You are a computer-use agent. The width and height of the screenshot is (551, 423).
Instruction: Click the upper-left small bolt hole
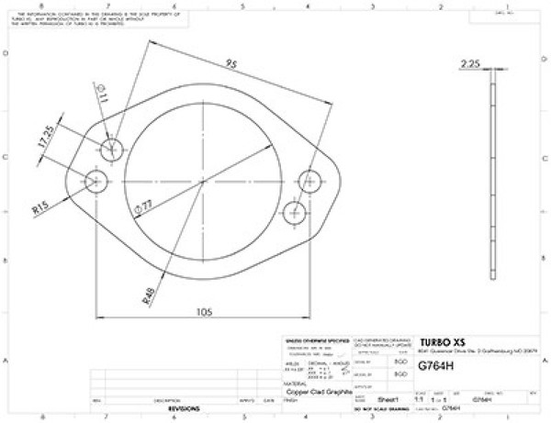[x=113, y=150]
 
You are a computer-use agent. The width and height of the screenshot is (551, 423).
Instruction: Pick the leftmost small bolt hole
[x=96, y=181]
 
